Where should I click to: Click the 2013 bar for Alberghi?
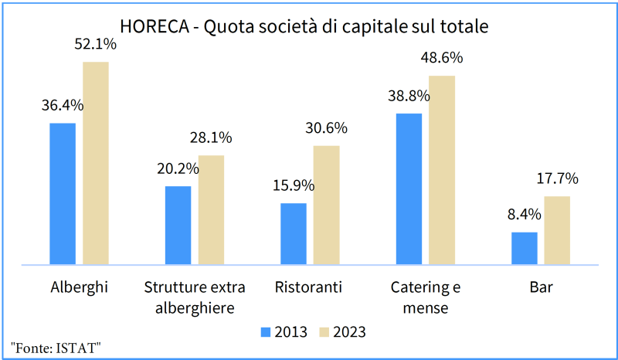63,194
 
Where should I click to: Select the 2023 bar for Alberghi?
96,163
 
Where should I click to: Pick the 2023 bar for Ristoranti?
326,205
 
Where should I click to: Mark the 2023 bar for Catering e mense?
442,170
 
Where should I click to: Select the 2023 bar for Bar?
557,230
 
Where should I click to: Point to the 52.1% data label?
96,45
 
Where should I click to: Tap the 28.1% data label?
211,138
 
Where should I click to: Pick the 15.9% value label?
293,185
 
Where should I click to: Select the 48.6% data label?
442,58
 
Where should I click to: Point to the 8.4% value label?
525,215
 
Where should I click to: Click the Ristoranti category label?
308,288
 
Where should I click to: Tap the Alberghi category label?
79,288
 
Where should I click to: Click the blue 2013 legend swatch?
264,332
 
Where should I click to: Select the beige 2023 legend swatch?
324,332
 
